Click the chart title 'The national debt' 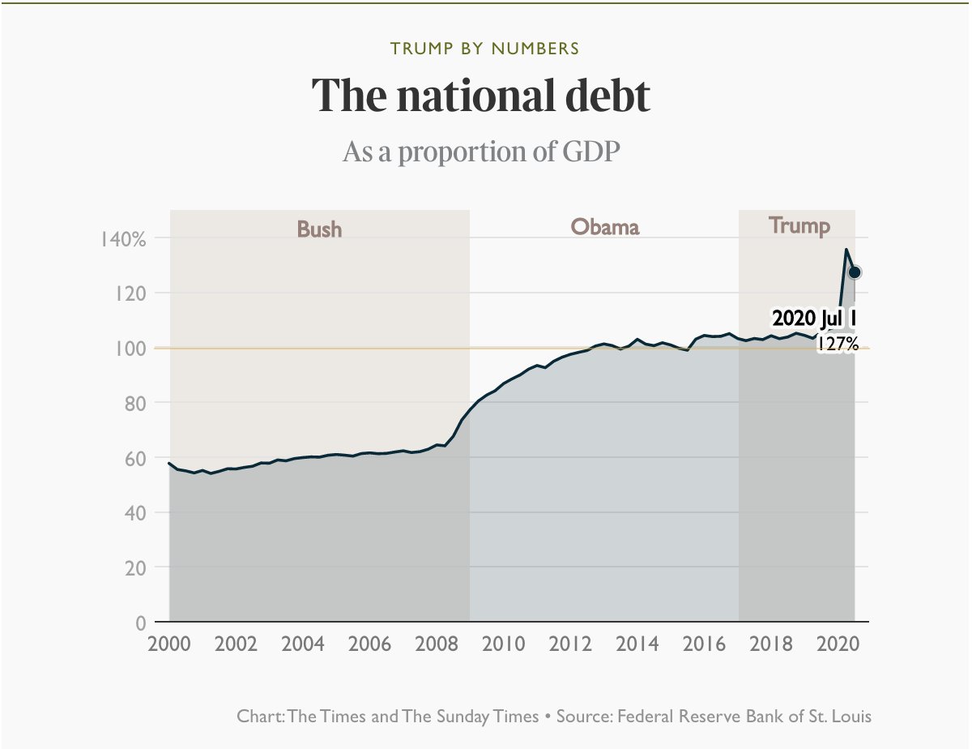[x=481, y=96]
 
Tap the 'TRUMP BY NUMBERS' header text [x=485, y=49]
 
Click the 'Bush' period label [x=319, y=229]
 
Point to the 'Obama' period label [x=604, y=227]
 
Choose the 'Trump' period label [x=799, y=225]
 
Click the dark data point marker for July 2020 [x=855, y=272]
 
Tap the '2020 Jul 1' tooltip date [x=814, y=317]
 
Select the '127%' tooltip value [x=837, y=344]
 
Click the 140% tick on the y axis [x=122, y=239]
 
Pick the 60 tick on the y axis [x=134, y=458]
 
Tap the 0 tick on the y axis [x=140, y=623]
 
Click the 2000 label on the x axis [x=169, y=645]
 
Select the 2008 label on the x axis [x=436, y=645]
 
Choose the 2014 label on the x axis [x=637, y=645]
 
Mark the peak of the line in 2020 [x=846, y=250]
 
